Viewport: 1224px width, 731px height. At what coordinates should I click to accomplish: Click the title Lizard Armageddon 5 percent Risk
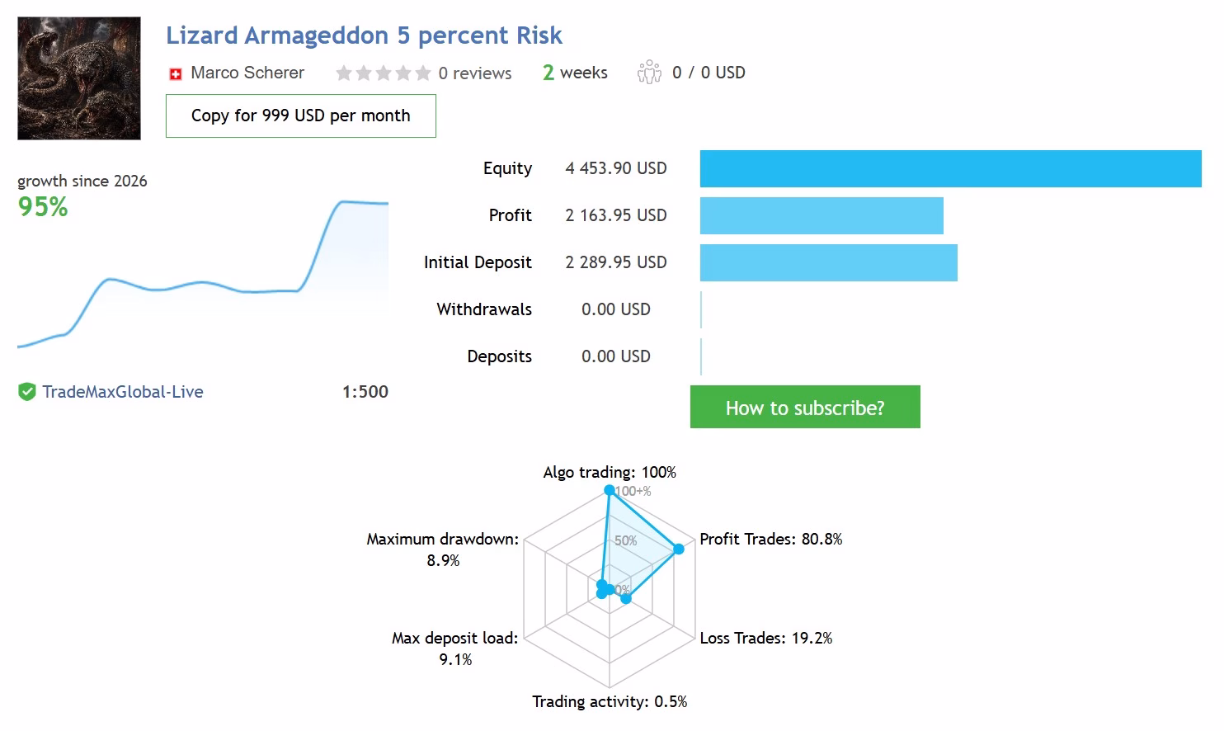364,35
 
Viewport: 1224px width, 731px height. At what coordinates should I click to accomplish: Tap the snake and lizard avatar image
79,78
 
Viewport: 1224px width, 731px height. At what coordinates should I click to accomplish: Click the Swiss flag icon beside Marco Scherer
176,73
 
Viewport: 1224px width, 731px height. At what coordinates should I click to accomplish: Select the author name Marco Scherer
247,73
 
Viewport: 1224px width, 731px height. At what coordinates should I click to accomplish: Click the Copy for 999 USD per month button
301,116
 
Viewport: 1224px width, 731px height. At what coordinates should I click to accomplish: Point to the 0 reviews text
475,73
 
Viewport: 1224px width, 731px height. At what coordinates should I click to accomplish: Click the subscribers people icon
649,72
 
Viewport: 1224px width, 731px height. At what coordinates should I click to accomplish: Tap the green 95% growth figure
43,206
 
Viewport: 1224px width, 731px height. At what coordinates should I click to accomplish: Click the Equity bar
951,169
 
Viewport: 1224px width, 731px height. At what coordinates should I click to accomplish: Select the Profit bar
821,216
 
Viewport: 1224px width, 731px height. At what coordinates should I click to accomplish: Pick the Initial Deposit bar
829,263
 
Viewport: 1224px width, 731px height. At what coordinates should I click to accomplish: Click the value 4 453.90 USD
616,167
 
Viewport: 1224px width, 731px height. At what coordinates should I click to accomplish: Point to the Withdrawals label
484,309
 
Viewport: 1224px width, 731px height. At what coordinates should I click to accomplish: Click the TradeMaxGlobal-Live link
123,392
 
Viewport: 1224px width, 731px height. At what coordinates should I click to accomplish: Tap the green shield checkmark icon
26,392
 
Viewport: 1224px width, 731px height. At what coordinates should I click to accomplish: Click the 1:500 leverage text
365,392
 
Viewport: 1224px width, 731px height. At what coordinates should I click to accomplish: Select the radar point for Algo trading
610,490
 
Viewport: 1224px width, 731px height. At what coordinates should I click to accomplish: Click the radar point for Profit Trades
679,549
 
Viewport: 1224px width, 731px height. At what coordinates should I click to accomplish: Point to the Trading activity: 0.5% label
610,701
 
